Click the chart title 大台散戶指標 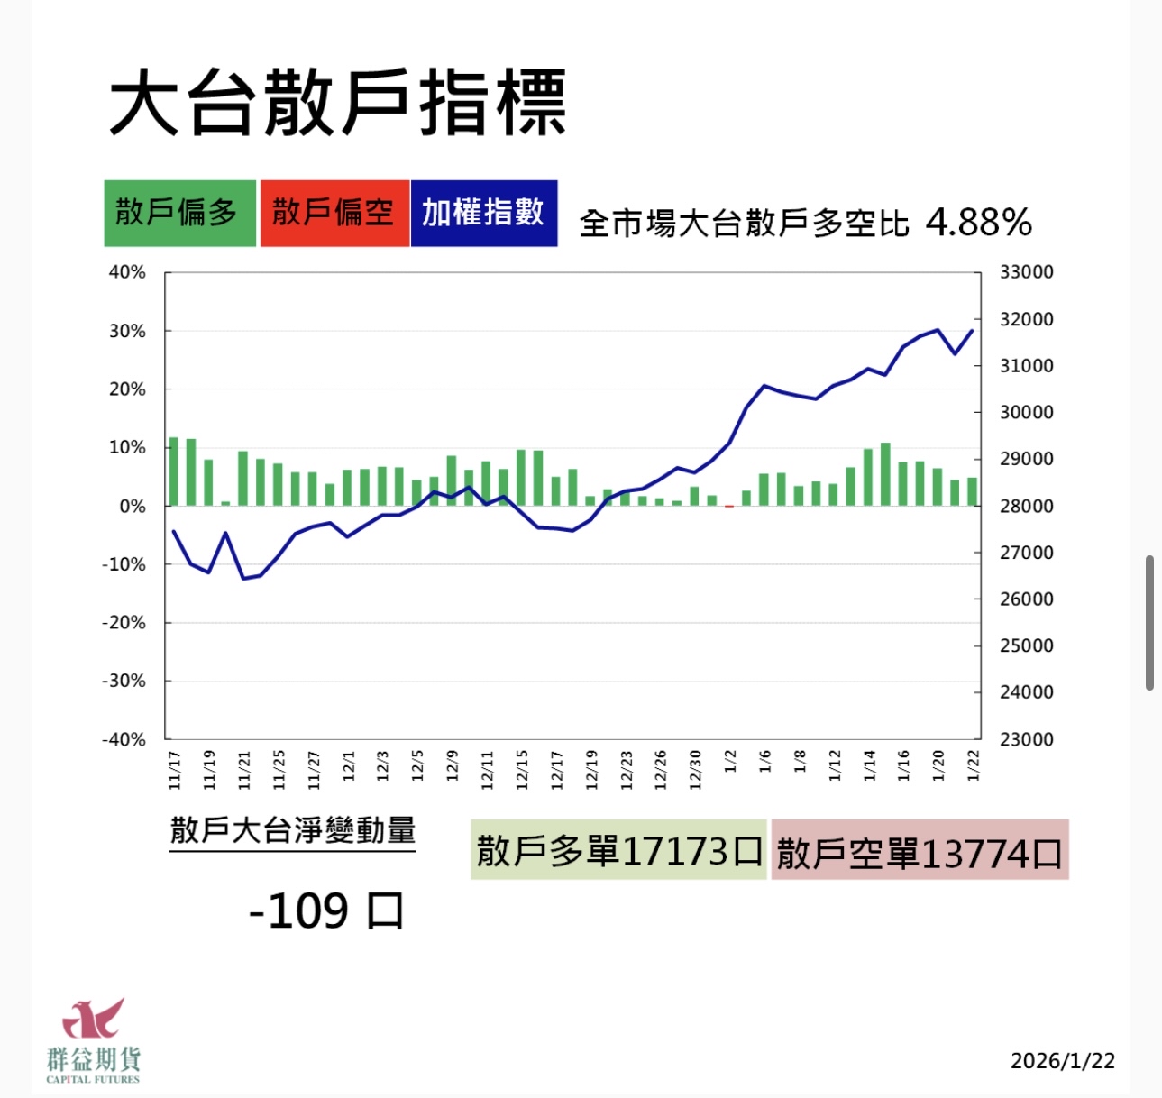[x=337, y=103]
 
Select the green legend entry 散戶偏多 [x=179, y=214]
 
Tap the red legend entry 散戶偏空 [x=334, y=214]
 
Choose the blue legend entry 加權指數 [x=483, y=214]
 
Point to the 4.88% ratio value [x=978, y=222]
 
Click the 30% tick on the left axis [x=127, y=331]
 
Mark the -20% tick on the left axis [x=124, y=623]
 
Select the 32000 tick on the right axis [x=1026, y=319]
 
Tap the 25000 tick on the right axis [x=1026, y=645]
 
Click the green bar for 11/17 [x=173, y=471]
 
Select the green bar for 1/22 [x=972, y=491]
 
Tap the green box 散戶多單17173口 [x=618, y=850]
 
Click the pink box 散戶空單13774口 [x=920, y=851]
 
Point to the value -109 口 [x=326, y=910]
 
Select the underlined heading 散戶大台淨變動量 [x=292, y=830]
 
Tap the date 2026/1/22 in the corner [x=1062, y=1061]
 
